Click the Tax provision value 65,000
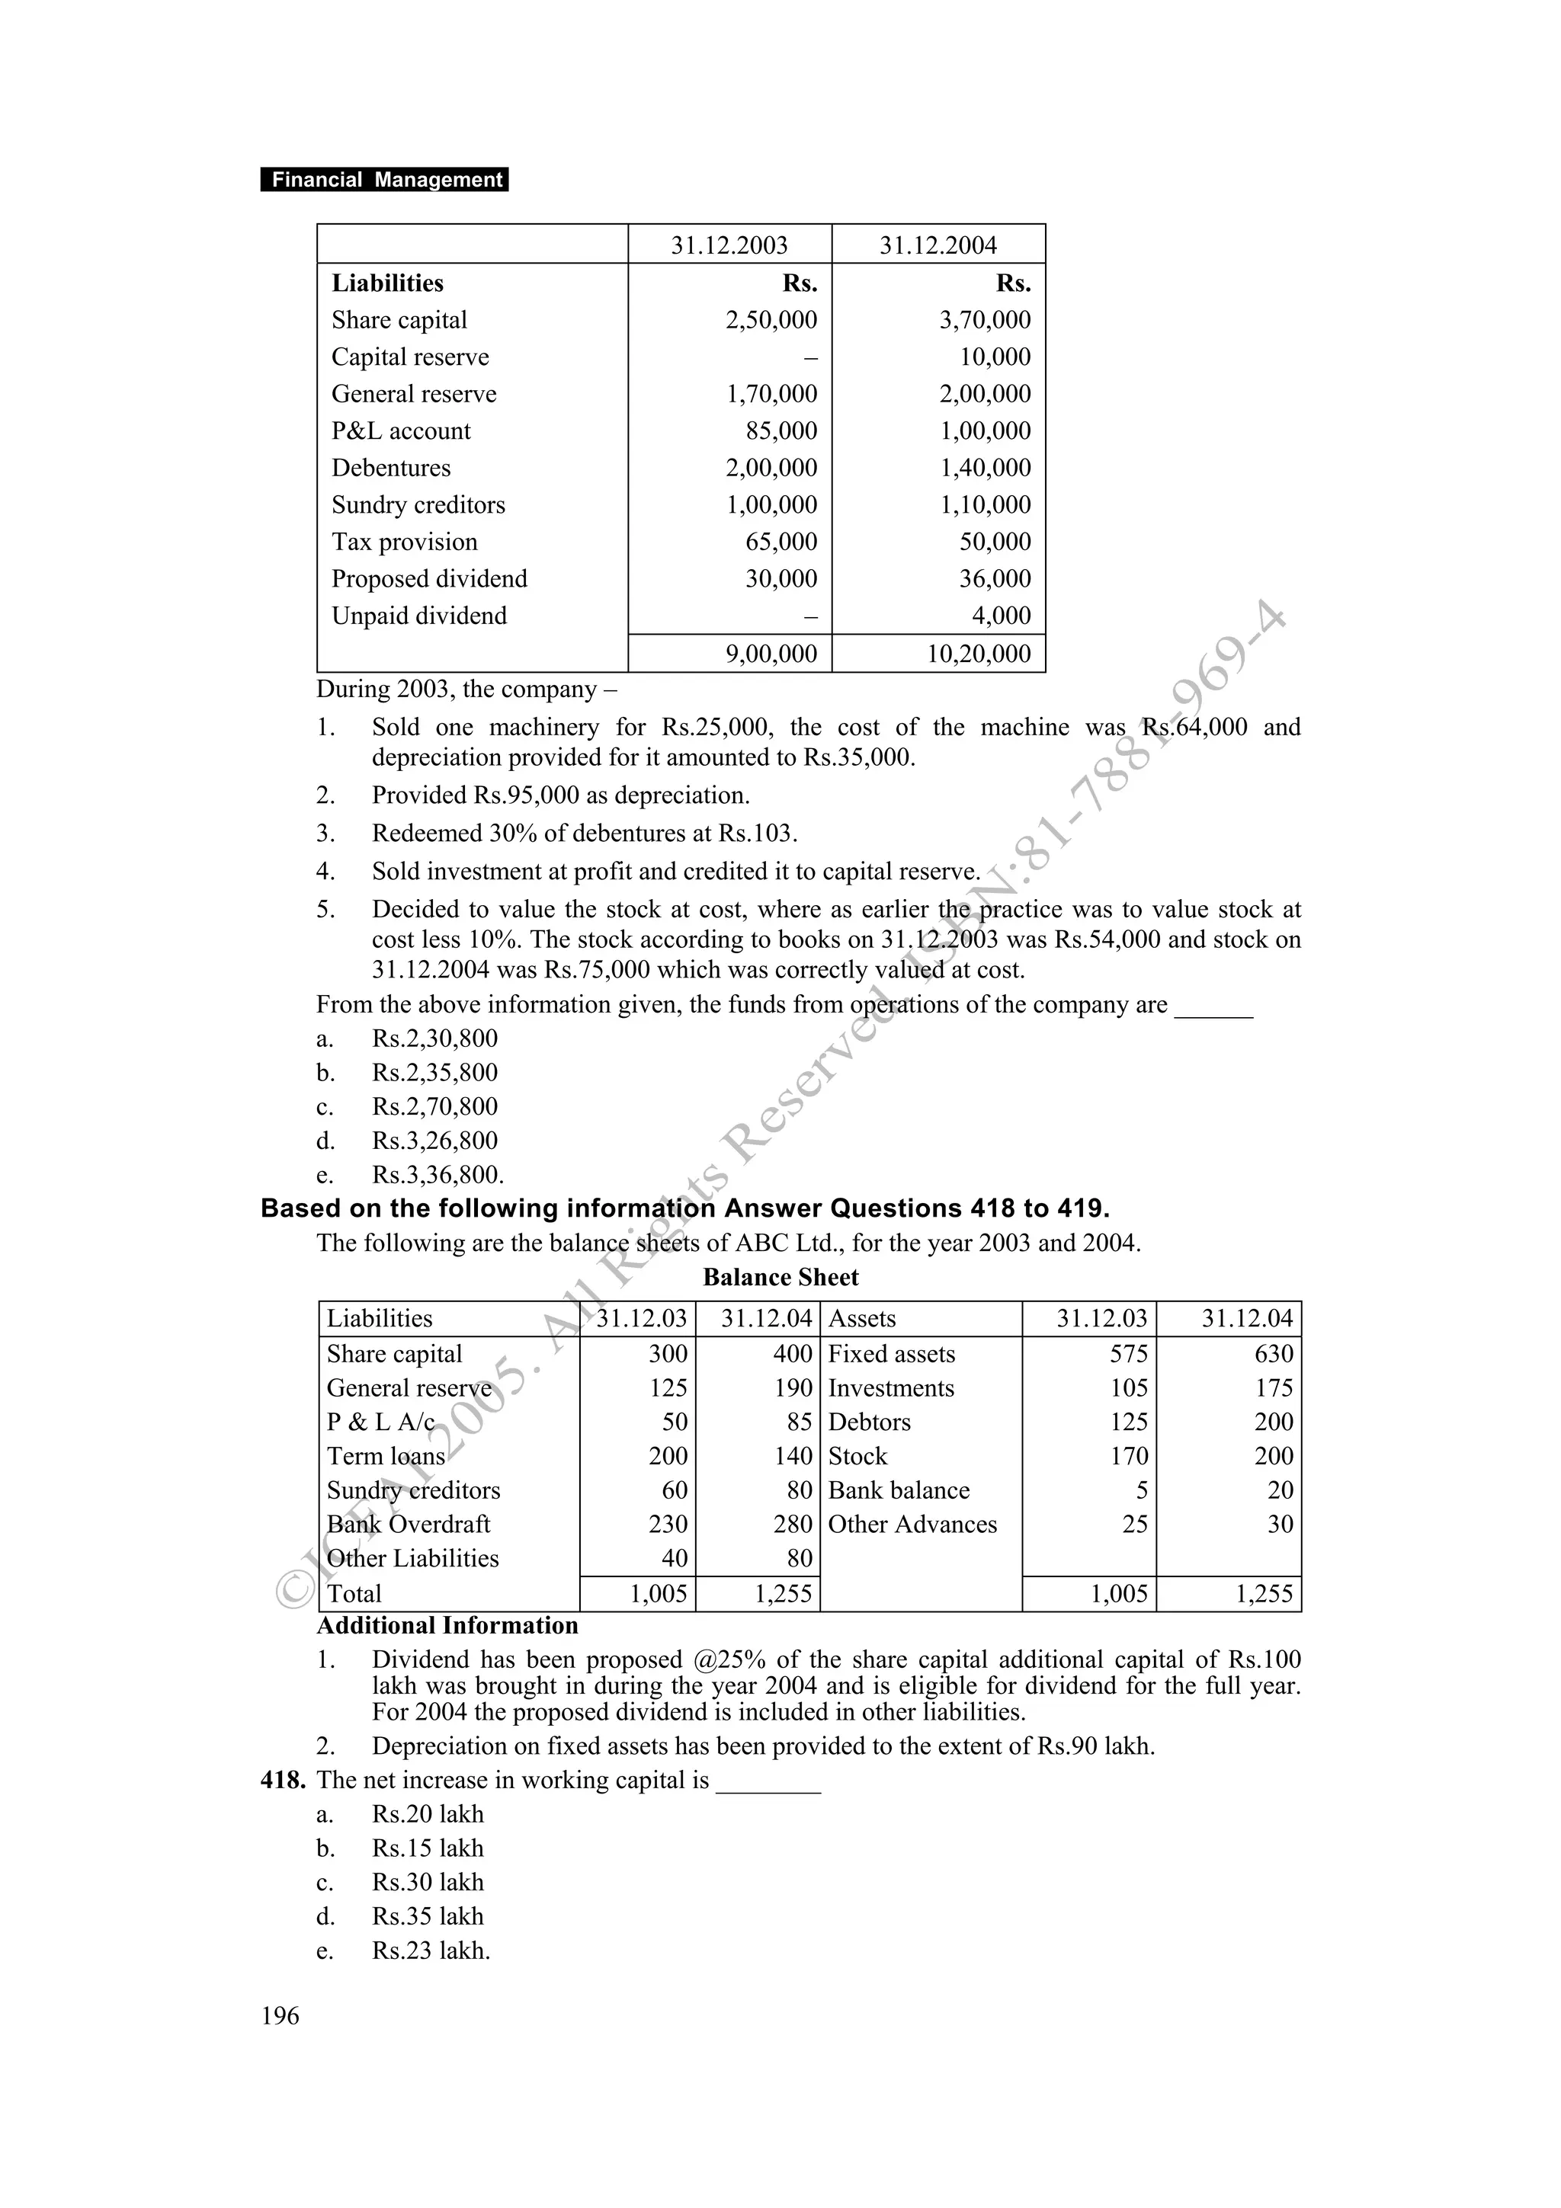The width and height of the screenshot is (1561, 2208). pos(781,542)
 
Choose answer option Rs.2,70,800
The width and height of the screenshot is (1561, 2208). pos(434,1107)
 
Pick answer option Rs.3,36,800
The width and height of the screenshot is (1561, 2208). pos(438,1175)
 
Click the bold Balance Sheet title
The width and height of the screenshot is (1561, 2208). pos(780,1278)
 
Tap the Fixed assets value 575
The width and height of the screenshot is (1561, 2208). pos(1128,1354)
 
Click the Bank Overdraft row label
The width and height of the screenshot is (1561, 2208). pos(408,1525)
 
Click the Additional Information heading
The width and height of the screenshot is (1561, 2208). pos(447,1626)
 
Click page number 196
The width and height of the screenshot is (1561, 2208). pos(280,2016)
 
